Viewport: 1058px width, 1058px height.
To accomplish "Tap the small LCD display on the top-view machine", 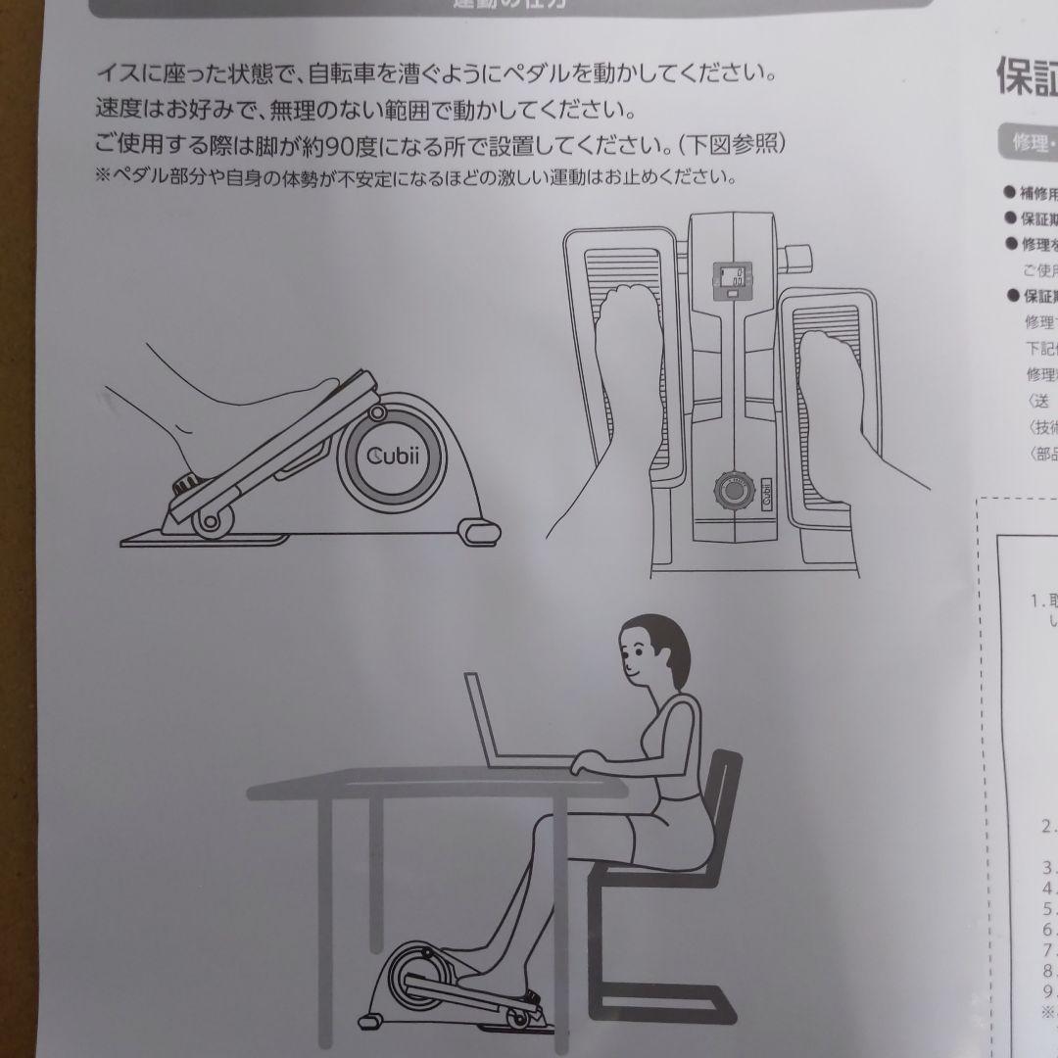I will coord(730,281).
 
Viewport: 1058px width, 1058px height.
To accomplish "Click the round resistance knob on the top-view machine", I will coord(730,488).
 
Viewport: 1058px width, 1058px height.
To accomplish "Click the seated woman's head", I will coord(649,649).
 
